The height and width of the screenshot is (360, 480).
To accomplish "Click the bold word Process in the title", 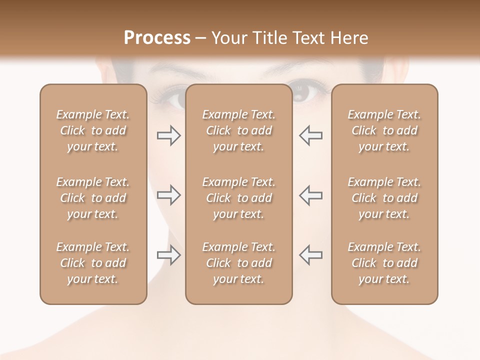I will click(157, 38).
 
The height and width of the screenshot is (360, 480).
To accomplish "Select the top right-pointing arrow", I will click(169, 135).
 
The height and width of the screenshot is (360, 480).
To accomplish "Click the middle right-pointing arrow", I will click(169, 195).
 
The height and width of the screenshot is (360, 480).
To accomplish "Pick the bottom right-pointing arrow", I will click(169, 254).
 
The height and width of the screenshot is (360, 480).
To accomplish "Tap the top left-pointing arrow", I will click(311, 135).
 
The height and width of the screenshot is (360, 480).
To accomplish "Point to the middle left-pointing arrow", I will click(311, 195).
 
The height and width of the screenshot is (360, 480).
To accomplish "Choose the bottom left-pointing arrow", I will click(311, 254).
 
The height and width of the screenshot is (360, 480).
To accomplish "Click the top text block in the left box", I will click(93, 130).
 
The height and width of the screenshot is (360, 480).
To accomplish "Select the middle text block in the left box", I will click(93, 198).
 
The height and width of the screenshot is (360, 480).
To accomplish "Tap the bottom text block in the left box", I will click(93, 263).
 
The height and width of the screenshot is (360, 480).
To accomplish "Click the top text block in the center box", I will click(238, 130).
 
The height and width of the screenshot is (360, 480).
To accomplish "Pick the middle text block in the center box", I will click(238, 198).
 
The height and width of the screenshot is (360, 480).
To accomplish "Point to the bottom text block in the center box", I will click(238, 263).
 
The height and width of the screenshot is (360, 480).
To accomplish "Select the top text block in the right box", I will click(384, 130).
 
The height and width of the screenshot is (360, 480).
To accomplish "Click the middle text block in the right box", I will click(384, 198).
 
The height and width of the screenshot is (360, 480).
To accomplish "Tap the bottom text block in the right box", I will click(384, 263).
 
